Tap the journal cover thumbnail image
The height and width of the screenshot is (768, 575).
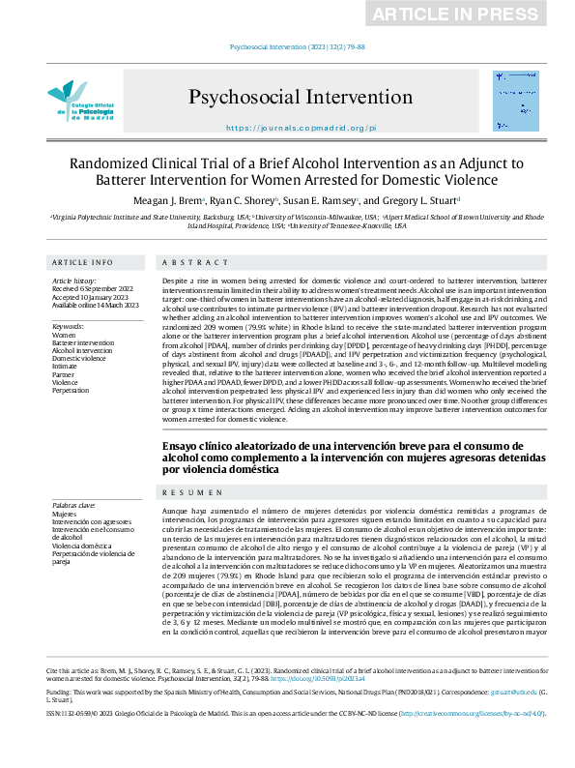508,95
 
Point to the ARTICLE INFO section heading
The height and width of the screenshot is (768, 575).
82,263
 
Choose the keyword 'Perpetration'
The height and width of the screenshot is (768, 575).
73,390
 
